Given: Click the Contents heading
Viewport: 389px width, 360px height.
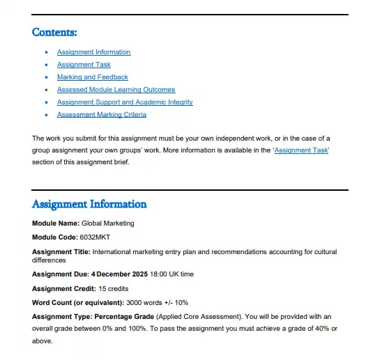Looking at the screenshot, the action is [x=54, y=32].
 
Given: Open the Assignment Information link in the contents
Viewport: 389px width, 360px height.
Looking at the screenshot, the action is [x=93, y=52].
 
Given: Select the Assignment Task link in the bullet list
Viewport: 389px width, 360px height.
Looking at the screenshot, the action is [x=84, y=65].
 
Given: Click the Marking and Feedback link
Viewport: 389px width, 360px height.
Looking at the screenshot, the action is [x=92, y=77].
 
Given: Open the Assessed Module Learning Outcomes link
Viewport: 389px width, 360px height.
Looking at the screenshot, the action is [x=116, y=90].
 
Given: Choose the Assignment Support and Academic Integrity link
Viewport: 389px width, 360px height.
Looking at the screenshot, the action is [x=125, y=102].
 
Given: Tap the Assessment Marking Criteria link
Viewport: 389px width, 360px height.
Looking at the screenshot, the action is [x=101, y=115].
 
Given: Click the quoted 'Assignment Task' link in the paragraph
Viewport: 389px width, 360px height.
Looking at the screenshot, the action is [x=302, y=150].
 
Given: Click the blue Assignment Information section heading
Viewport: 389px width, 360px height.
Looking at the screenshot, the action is [x=89, y=205].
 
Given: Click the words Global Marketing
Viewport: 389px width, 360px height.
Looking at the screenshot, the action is [x=108, y=224].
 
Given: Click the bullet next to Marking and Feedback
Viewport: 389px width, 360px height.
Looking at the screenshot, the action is [x=46, y=77].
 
